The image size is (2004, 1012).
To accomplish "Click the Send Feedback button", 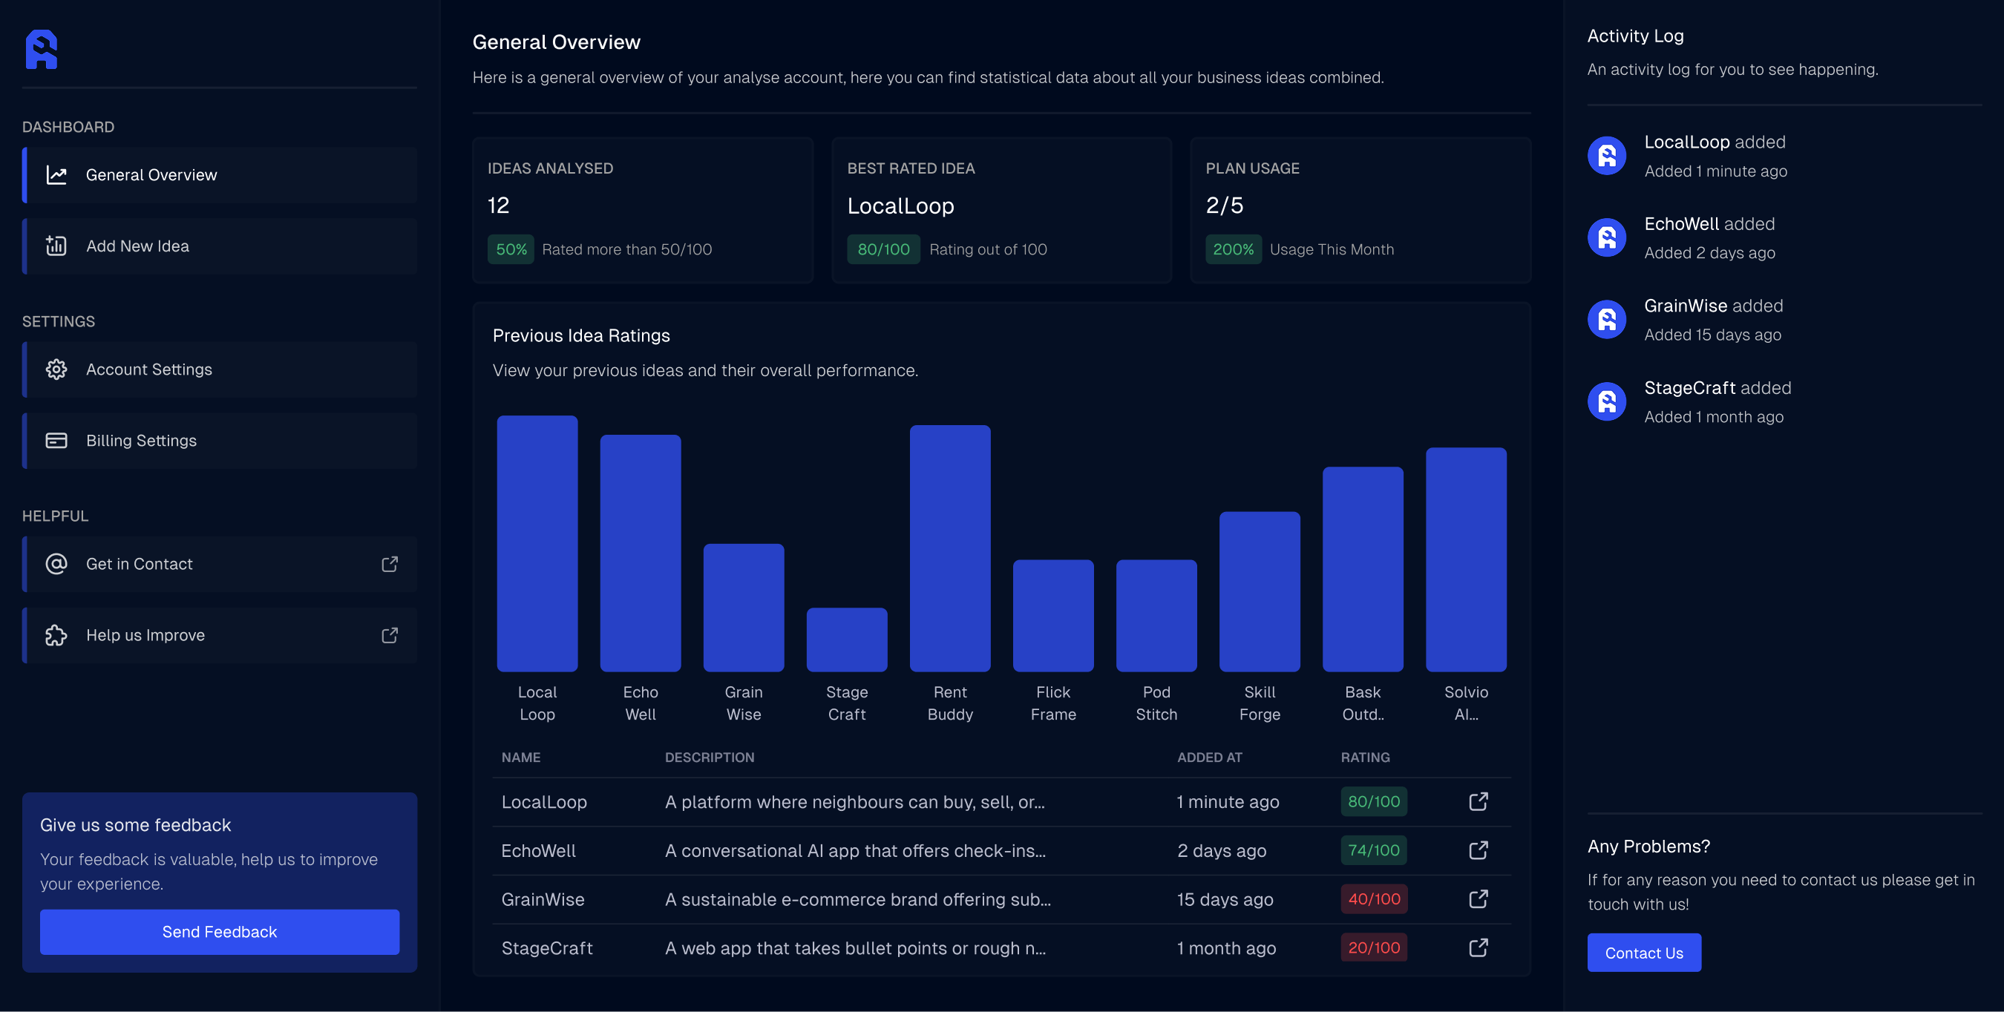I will click(x=220, y=931).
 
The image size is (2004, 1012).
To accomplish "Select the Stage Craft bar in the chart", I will click(x=846, y=640).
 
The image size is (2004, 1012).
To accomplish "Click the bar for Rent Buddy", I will click(x=949, y=548).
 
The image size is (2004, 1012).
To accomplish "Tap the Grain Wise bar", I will click(x=743, y=607).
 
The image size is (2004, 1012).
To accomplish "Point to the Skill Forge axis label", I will click(x=1259, y=703).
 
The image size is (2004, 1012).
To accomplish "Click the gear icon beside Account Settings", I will click(x=56, y=369).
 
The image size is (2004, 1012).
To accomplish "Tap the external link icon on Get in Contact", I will click(x=390, y=564).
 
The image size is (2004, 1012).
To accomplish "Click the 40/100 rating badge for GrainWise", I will click(x=1373, y=898).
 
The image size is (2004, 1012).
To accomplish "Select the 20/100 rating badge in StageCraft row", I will click(x=1373, y=947).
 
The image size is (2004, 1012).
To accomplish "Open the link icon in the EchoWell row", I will click(x=1477, y=850).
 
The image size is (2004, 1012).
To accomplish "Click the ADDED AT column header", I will click(x=1209, y=757).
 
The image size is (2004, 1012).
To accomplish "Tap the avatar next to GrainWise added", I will click(x=1606, y=320).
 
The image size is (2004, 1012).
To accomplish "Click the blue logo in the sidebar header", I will click(x=42, y=50).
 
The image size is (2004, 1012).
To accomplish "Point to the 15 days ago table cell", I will click(x=1225, y=899).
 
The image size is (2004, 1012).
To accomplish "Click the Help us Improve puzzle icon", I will click(x=56, y=635).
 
